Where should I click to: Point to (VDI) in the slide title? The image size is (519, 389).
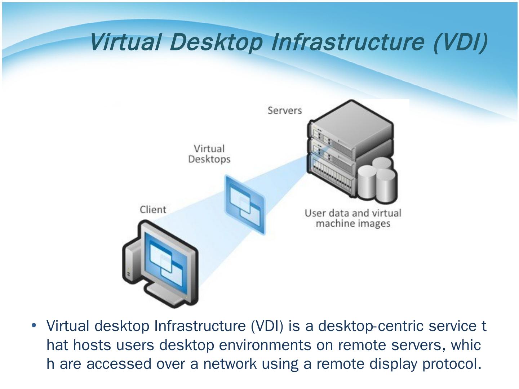coord(461,42)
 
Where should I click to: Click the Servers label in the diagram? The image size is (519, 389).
coord(284,110)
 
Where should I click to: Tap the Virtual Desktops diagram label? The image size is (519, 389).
coord(209,154)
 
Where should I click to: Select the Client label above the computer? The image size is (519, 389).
coord(153,210)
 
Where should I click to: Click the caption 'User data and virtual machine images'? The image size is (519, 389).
coord(353,218)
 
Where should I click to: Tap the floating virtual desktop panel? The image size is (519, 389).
coord(245,204)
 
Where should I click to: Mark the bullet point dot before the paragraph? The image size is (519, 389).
coord(34,325)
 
